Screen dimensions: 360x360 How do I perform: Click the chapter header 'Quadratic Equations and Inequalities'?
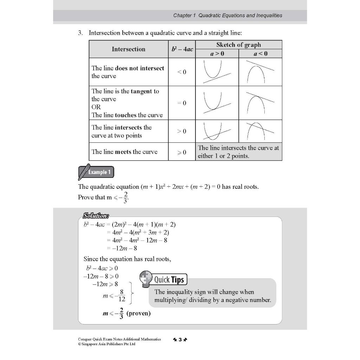[227, 15]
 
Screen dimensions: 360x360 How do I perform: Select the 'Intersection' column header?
[128, 49]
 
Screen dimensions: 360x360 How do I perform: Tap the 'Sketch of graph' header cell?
[239, 45]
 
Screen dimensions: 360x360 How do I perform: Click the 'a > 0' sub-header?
[217, 53]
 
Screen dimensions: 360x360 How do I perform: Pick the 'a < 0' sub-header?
[260, 53]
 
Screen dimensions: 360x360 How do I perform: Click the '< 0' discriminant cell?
[182, 72]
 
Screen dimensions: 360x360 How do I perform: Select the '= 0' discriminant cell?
[182, 103]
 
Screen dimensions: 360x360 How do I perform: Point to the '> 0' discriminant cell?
[182, 131]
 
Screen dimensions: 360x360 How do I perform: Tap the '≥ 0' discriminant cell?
[182, 152]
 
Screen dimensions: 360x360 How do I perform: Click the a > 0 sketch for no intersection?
[217, 72]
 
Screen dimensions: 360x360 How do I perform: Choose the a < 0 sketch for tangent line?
[260, 103]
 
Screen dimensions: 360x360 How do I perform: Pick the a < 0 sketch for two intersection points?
[260, 131]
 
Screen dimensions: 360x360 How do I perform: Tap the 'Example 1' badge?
[96, 172]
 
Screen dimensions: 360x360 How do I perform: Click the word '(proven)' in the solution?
[138, 313]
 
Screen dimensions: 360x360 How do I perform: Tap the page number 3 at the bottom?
[180, 340]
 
